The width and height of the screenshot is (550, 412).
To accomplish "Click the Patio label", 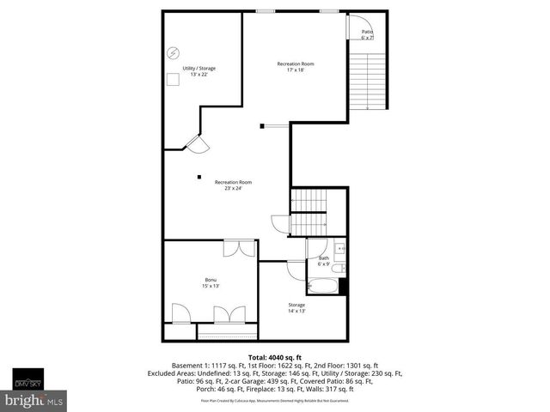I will pos(367,32).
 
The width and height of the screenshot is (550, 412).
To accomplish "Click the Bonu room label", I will pos(211,280).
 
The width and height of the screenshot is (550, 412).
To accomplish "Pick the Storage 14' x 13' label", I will pos(296,307).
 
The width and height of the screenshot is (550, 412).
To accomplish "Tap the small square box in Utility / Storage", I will pos(173,78).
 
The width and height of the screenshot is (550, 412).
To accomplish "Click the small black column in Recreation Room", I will pos(199,177).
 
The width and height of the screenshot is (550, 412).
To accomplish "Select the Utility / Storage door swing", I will pos(196,144).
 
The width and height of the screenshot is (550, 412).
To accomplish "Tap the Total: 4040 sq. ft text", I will pos(275,356).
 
